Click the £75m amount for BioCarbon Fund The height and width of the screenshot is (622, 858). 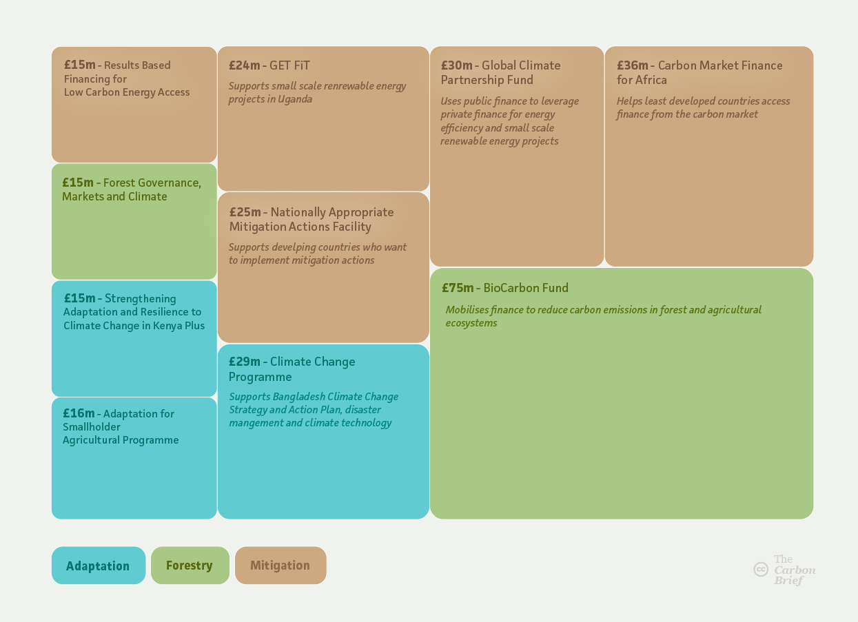(x=458, y=287)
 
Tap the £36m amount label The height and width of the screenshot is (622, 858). (x=633, y=65)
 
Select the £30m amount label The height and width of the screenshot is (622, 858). (x=457, y=65)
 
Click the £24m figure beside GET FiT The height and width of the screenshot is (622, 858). (x=245, y=65)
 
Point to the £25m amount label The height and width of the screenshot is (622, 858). (x=245, y=211)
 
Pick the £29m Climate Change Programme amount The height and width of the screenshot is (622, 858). (x=245, y=362)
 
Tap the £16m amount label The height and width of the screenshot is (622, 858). (x=79, y=413)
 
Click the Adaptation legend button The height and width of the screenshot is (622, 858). (x=99, y=566)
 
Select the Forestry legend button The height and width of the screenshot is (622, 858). (x=190, y=566)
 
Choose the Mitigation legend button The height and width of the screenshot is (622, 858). (x=280, y=566)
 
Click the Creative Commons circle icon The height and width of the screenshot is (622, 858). (x=761, y=569)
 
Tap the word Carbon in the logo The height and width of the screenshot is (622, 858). (x=795, y=570)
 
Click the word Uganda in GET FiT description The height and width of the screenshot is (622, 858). (x=295, y=99)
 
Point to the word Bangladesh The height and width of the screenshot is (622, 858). (x=299, y=397)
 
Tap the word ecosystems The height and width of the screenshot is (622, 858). (x=471, y=323)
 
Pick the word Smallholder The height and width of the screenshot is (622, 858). (x=92, y=427)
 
